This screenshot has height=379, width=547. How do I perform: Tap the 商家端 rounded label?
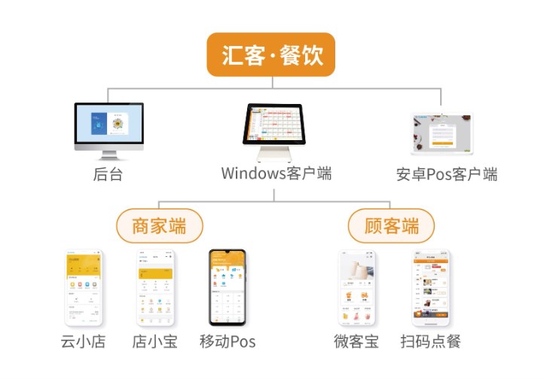pos(159,225)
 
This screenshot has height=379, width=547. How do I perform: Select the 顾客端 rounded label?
pos(391,225)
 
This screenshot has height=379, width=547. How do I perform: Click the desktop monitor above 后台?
pos(108,126)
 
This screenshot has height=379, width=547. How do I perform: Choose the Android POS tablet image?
pos(442,134)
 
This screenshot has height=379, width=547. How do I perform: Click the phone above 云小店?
pos(84,288)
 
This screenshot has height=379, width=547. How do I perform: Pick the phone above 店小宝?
pos(155,288)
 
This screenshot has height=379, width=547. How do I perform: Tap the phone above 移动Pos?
pos(228,288)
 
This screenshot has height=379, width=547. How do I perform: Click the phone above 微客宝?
pos(356,288)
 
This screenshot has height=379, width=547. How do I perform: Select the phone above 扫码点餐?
pos(430,288)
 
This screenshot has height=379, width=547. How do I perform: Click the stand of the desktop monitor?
pos(108,154)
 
